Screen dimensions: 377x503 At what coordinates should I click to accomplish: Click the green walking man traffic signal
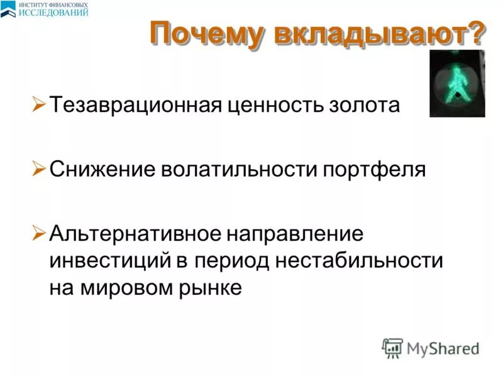(456, 84)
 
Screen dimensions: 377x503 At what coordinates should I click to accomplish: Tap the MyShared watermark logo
(430, 347)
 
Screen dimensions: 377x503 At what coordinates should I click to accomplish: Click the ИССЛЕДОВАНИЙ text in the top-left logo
(53, 12)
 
